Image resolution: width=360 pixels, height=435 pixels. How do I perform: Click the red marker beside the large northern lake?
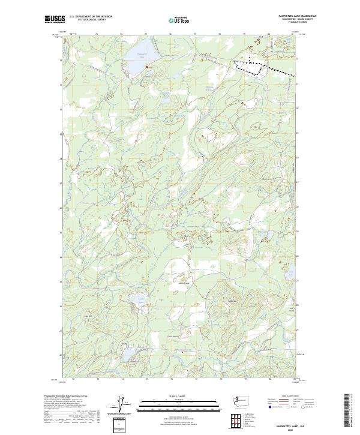click(147, 67)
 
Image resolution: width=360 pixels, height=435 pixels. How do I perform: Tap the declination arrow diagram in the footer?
click(125, 404)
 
